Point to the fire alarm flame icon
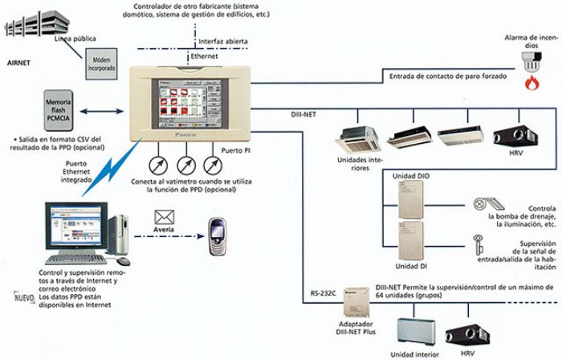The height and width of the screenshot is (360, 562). point(531,83)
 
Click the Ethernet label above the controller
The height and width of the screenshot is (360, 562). point(204,57)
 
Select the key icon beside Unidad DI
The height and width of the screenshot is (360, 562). point(477,241)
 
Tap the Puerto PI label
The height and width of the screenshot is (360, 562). point(234,149)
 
